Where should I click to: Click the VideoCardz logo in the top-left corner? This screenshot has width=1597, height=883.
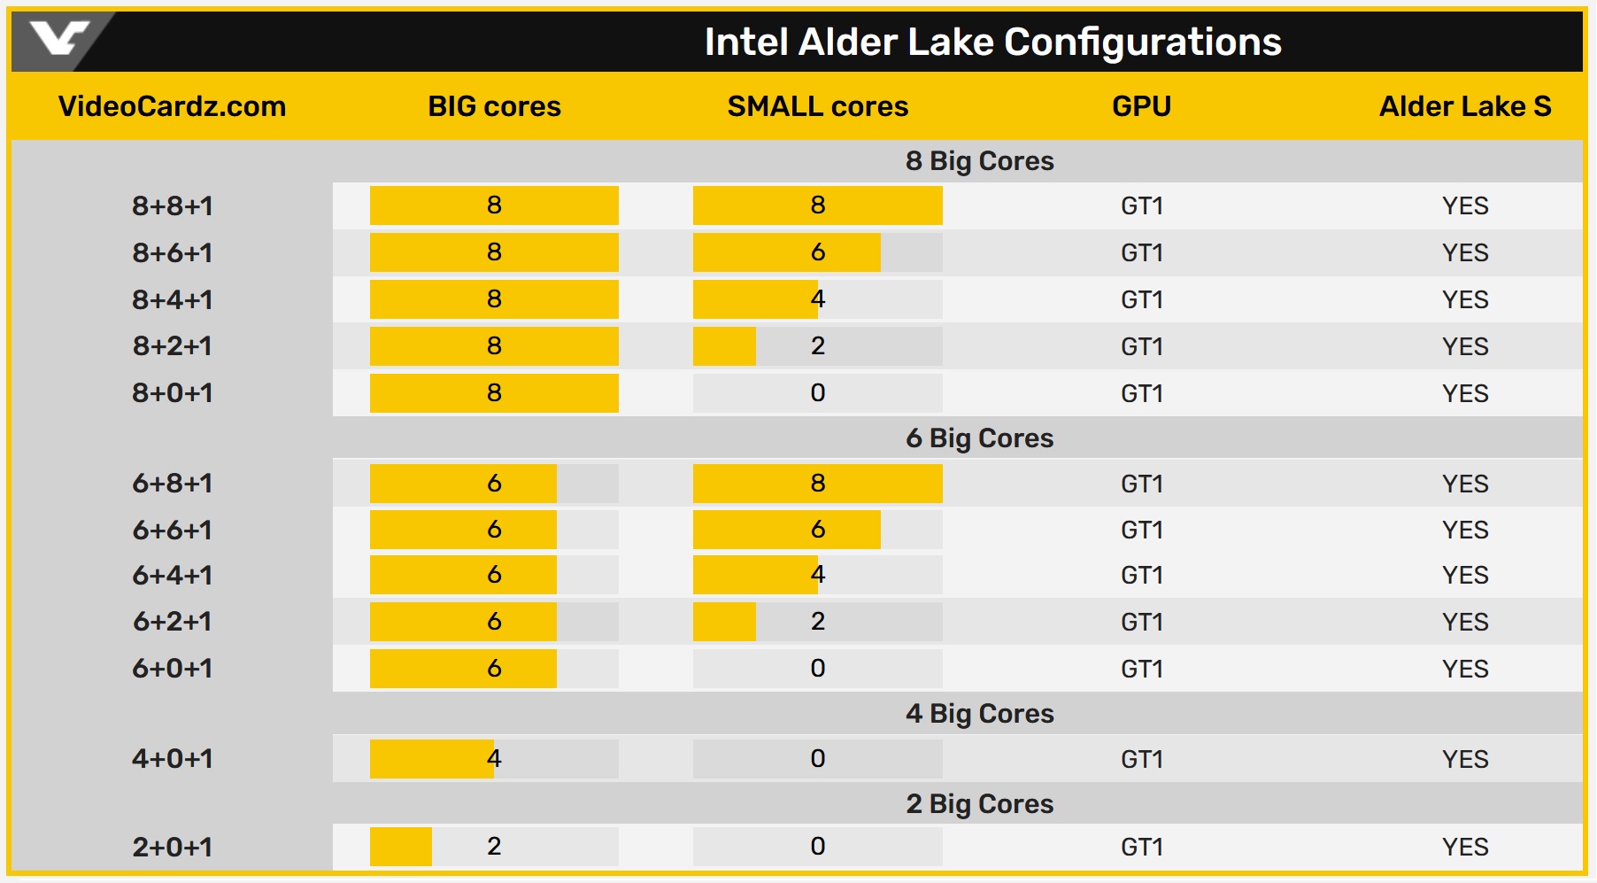58,39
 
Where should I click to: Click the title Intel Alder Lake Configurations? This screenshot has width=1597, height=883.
992,42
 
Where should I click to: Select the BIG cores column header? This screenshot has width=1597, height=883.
494,106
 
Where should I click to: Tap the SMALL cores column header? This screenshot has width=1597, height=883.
817,106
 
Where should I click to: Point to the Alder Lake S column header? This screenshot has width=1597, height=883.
1464,106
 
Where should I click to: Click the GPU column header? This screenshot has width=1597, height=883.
1141,106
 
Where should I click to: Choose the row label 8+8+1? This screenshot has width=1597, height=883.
173,205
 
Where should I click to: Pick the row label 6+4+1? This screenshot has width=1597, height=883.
173,576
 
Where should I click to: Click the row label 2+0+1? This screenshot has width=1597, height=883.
173,847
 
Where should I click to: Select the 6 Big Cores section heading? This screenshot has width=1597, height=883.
979,438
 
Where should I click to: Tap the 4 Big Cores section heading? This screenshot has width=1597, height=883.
979,714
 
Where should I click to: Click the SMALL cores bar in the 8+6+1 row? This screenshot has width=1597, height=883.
787,252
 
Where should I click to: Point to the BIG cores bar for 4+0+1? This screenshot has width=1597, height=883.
432,759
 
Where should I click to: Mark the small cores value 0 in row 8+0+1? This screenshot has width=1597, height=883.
817,393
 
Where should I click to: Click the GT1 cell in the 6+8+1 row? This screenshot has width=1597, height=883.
1141,484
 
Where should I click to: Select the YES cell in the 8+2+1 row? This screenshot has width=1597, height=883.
1464,346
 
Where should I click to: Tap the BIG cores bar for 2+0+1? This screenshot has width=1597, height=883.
401,847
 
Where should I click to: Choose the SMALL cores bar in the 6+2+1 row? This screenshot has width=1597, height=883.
725,622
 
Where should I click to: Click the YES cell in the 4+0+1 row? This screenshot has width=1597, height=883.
1464,759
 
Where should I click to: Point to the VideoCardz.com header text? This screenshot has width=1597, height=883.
173,106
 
